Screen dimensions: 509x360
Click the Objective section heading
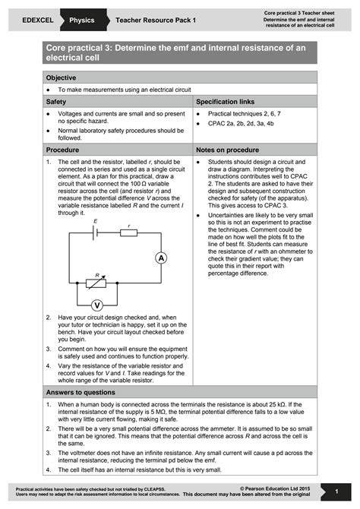click(x=62, y=78)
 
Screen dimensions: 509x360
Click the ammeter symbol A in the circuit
click(x=161, y=259)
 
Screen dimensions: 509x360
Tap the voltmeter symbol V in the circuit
click(x=97, y=305)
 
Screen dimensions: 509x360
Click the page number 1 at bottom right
click(x=336, y=492)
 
